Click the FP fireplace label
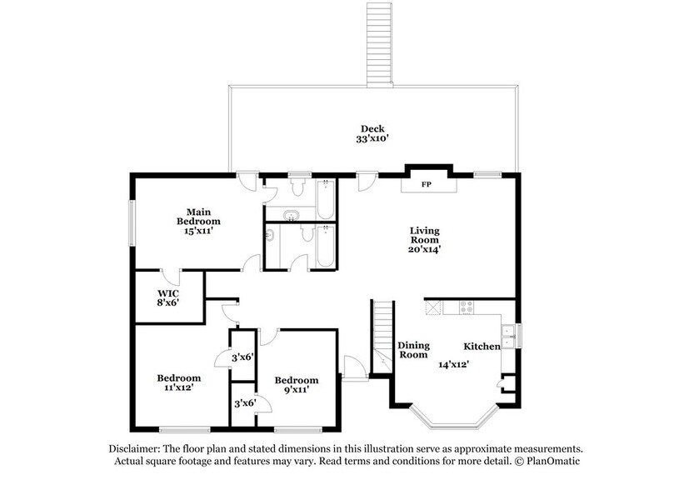(426, 184)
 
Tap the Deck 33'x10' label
(372, 133)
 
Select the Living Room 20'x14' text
(424, 238)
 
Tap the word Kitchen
(482, 346)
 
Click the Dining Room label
(412, 350)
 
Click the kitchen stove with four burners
(466, 307)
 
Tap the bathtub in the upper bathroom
(324, 197)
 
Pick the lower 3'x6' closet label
(243, 403)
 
